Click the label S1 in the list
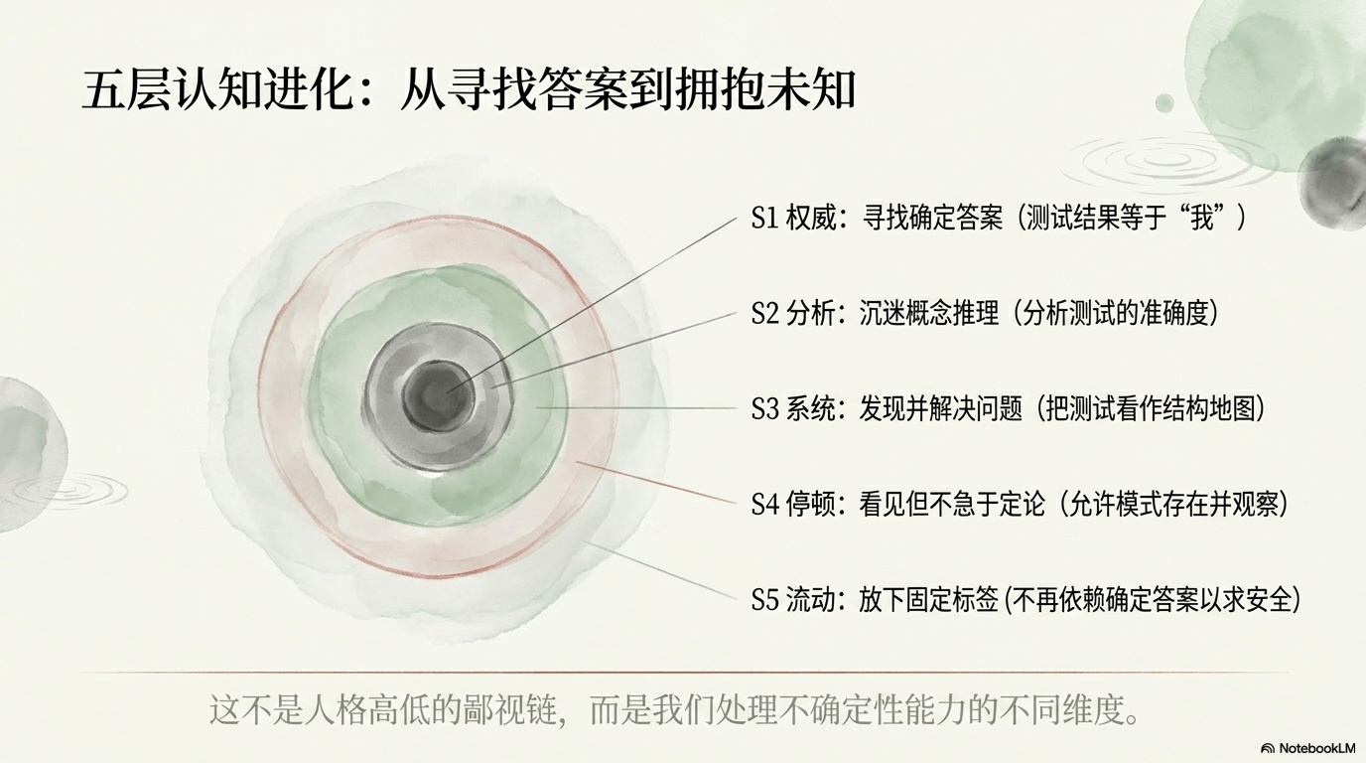[x=764, y=218]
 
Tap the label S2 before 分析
[x=765, y=313]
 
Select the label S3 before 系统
[x=765, y=409]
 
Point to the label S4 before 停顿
[x=765, y=504]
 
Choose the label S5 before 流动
[x=765, y=600]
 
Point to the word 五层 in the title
[x=122, y=91]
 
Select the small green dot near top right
[x=1164, y=103]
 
